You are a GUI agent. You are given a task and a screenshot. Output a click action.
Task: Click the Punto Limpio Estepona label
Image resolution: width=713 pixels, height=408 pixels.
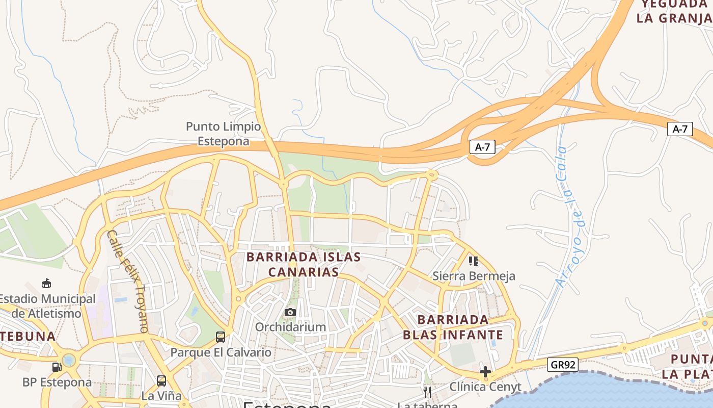[x=223, y=134]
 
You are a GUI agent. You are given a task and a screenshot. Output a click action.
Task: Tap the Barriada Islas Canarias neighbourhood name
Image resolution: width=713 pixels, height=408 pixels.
[x=304, y=264]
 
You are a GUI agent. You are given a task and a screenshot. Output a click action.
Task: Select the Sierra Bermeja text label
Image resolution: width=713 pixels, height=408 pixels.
[x=474, y=276]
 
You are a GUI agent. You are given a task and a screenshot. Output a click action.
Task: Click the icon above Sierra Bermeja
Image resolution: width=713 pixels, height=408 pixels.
[x=474, y=261]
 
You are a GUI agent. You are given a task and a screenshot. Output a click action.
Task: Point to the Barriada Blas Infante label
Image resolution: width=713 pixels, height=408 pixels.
[x=453, y=327]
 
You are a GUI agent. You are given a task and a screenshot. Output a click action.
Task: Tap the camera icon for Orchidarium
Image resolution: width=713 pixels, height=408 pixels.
[x=290, y=312]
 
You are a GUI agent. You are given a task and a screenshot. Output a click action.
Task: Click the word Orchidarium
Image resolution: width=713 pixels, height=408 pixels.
[x=290, y=327]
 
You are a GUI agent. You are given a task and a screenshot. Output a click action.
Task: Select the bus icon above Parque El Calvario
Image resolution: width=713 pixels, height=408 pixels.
[x=221, y=337]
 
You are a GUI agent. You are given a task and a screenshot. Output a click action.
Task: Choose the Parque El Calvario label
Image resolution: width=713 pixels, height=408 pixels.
[x=221, y=352]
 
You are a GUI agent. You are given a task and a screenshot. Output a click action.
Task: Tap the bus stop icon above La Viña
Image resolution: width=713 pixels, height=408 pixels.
[x=161, y=380]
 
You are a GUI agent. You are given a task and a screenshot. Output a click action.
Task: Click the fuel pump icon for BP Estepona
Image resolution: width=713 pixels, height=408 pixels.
[x=57, y=367]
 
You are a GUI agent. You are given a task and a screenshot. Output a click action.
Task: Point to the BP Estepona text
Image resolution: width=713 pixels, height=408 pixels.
[x=57, y=382]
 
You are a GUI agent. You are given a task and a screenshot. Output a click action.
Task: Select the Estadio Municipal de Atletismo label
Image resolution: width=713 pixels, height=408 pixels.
[x=47, y=306]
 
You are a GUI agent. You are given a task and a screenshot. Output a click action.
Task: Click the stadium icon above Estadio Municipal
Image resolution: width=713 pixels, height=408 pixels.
[x=46, y=284]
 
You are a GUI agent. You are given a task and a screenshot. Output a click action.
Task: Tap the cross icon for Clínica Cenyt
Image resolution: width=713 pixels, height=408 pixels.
[x=485, y=372]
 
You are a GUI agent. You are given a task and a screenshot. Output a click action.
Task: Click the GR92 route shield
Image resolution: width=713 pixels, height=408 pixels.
[x=563, y=364]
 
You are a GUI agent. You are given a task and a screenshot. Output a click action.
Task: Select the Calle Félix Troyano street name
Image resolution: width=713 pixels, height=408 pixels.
[x=129, y=281]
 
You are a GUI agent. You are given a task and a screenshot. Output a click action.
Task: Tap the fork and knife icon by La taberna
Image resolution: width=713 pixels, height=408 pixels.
[x=427, y=392]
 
